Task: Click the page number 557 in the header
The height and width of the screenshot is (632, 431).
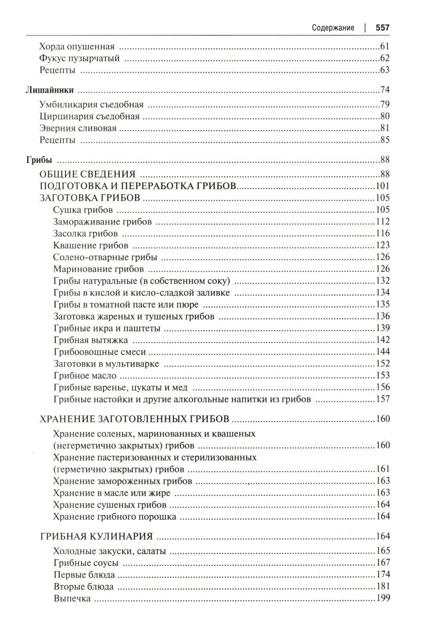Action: (382, 28)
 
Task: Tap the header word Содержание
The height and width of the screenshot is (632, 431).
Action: (333, 28)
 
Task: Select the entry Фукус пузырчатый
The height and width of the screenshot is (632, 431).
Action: (79, 59)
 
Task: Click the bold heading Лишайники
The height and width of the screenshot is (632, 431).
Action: (50, 90)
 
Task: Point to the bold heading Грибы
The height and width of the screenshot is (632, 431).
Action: (39, 160)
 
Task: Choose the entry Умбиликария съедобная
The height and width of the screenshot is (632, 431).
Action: (91, 105)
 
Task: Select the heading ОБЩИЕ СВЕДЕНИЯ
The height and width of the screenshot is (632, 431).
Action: (87, 174)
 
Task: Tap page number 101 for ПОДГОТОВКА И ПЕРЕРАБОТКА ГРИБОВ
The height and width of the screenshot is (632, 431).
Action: (383, 186)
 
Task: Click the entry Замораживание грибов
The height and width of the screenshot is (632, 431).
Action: (103, 222)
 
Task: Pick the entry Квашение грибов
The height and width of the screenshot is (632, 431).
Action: (91, 246)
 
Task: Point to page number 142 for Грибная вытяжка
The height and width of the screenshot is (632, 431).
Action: (383, 340)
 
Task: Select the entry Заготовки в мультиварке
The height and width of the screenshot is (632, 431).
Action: (106, 364)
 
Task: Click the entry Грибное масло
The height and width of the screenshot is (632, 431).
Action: (85, 376)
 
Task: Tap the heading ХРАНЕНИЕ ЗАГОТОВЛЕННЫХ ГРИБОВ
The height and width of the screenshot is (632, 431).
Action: (134, 419)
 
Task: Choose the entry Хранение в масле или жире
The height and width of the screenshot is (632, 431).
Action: (112, 493)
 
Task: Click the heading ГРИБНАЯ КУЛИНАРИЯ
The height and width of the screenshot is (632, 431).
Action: (97, 537)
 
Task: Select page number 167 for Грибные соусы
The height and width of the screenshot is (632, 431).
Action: (383, 563)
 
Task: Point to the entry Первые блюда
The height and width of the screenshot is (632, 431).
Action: (84, 575)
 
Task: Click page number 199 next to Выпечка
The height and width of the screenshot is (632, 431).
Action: (383, 598)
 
